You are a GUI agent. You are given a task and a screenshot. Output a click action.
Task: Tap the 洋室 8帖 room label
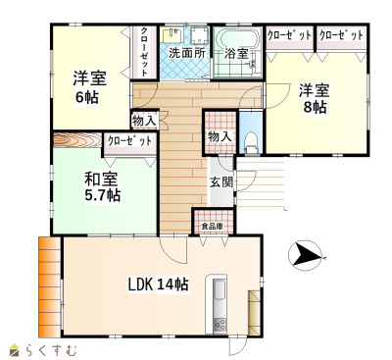pyautogui.click(x=314, y=99)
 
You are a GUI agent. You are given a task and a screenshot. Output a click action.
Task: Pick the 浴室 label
pyautogui.click(x=236, y=52)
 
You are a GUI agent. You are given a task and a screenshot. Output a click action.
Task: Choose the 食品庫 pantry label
pyautogui.click(x=212, y=227)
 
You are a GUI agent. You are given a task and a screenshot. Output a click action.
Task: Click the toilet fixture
pyautogui.click(x=251, y=140)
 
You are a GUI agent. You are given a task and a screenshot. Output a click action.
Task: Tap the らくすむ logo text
pyautogui.click(x=50, y=348)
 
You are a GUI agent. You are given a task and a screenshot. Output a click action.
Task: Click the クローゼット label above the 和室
pyautogui.click(x=130, y=142)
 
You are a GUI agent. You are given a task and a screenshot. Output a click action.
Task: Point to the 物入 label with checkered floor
pyautogui.click(x=220, y=137)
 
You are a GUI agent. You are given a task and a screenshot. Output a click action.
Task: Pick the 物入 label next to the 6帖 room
pyautogui.click(x=143, y=121)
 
